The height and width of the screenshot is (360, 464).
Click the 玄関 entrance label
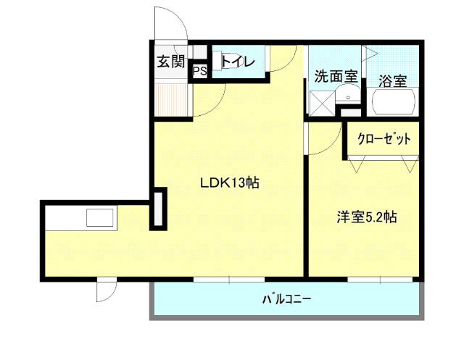[x=171, y=61]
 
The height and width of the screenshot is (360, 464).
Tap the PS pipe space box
[x=200, y=71]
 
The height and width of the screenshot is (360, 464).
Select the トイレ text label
[x=238, y=62]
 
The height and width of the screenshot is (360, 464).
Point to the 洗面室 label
[x=335, y=75]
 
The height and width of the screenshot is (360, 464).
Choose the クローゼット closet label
[x=383, y=138]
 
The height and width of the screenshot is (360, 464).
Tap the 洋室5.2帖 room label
[x=365, y=217]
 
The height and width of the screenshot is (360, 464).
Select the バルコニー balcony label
[x=286, y=298]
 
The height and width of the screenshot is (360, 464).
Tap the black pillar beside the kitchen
[x=158, y=209]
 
